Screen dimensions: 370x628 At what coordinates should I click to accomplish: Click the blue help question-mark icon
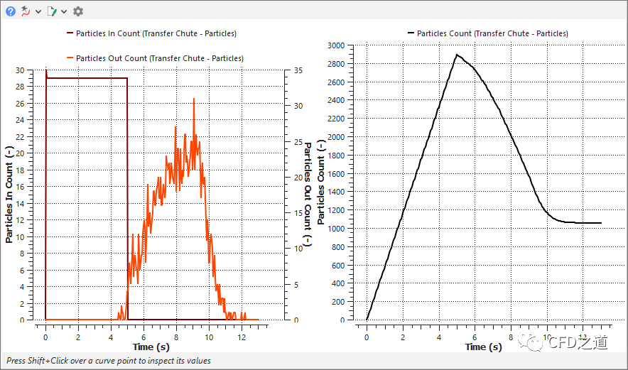pyautogui.click(x=11, y=11)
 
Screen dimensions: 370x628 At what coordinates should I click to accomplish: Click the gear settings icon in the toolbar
pyautogui.click(x=78, y=11)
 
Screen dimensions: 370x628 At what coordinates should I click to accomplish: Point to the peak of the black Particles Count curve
pyautogui.click(x=458, y=55)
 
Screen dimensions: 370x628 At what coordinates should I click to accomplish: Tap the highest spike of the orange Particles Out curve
pyautogui.click(x=193, y=99)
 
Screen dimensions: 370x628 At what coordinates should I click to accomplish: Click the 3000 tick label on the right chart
pyautogui.click(x=335, y=45)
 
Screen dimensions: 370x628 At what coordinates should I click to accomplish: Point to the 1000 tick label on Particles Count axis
pyautogui.click(x=335, y=229)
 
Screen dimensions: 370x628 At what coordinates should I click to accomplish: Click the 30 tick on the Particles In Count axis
pyautogui.click(x=29, y=70)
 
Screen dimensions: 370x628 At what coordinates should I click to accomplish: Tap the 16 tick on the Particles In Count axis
pyautogui.click(x=29, y=187)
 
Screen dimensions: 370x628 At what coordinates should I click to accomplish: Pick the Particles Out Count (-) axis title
pyautogui.click(x=308, y=193)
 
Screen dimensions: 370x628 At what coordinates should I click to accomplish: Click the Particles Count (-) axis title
pyautogui.click(x=321, y=183)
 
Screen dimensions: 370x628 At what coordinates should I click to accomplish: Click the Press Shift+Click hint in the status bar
pyautogui.click(x=108, y=361)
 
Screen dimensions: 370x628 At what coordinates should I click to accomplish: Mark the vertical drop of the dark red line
pyautogui.click(x=127, y=199)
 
